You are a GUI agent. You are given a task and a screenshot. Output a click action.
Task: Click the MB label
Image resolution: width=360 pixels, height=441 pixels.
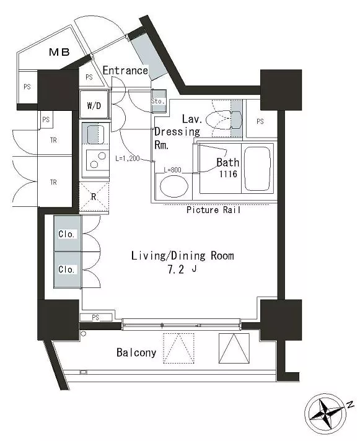59,52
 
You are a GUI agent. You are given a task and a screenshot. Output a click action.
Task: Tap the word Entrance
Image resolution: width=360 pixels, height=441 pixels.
125,71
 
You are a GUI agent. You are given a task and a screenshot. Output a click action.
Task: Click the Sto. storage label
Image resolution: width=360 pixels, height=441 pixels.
157,101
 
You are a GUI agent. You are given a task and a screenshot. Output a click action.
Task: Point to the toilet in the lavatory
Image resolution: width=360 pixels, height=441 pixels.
224,120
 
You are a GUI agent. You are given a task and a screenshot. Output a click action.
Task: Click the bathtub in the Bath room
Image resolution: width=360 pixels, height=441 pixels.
257,168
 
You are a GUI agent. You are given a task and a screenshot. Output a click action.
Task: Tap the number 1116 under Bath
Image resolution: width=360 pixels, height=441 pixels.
228,174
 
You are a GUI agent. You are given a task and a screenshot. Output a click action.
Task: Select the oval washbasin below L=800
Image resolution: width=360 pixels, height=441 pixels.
174,186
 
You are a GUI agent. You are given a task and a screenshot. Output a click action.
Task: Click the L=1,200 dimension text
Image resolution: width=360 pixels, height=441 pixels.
128,159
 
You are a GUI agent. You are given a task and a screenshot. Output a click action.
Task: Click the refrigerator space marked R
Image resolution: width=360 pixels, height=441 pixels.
94,197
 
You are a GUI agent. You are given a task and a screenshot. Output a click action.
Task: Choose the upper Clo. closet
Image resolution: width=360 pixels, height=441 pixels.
68,234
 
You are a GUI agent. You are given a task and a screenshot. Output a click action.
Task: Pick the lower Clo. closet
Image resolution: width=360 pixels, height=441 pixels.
68,269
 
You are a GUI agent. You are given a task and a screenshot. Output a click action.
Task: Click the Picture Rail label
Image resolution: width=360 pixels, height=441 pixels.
214,210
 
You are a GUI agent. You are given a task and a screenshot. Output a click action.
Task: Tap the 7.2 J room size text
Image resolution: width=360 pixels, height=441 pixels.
182,269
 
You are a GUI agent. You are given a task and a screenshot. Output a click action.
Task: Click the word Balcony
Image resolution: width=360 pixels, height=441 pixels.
136,352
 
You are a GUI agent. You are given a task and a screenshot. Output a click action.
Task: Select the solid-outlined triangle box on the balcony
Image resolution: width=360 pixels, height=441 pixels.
234,348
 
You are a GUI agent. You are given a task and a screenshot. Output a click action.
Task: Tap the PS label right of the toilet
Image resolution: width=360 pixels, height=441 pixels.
260,121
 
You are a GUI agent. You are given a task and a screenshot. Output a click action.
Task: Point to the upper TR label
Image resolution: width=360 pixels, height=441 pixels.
53,140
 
